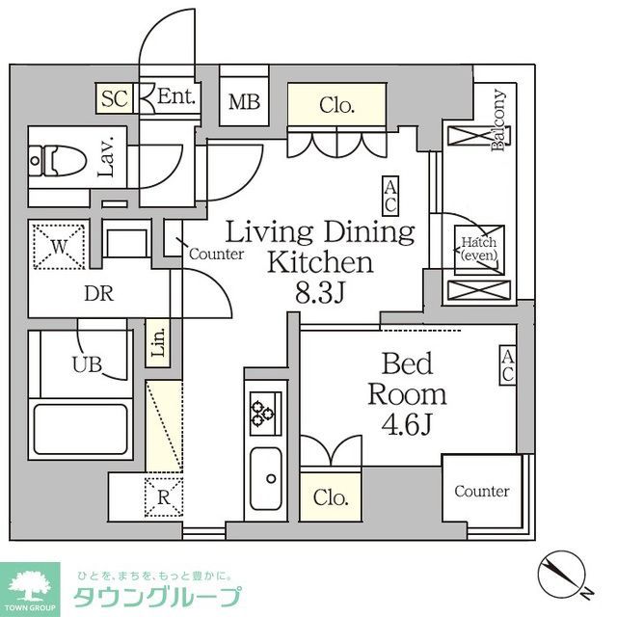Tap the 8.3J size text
tap(319, 292)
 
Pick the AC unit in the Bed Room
tap(507, 366)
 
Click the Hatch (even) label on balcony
tap(477, 250)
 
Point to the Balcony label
tap(499, 121)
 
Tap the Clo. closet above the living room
tap(336, 106)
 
